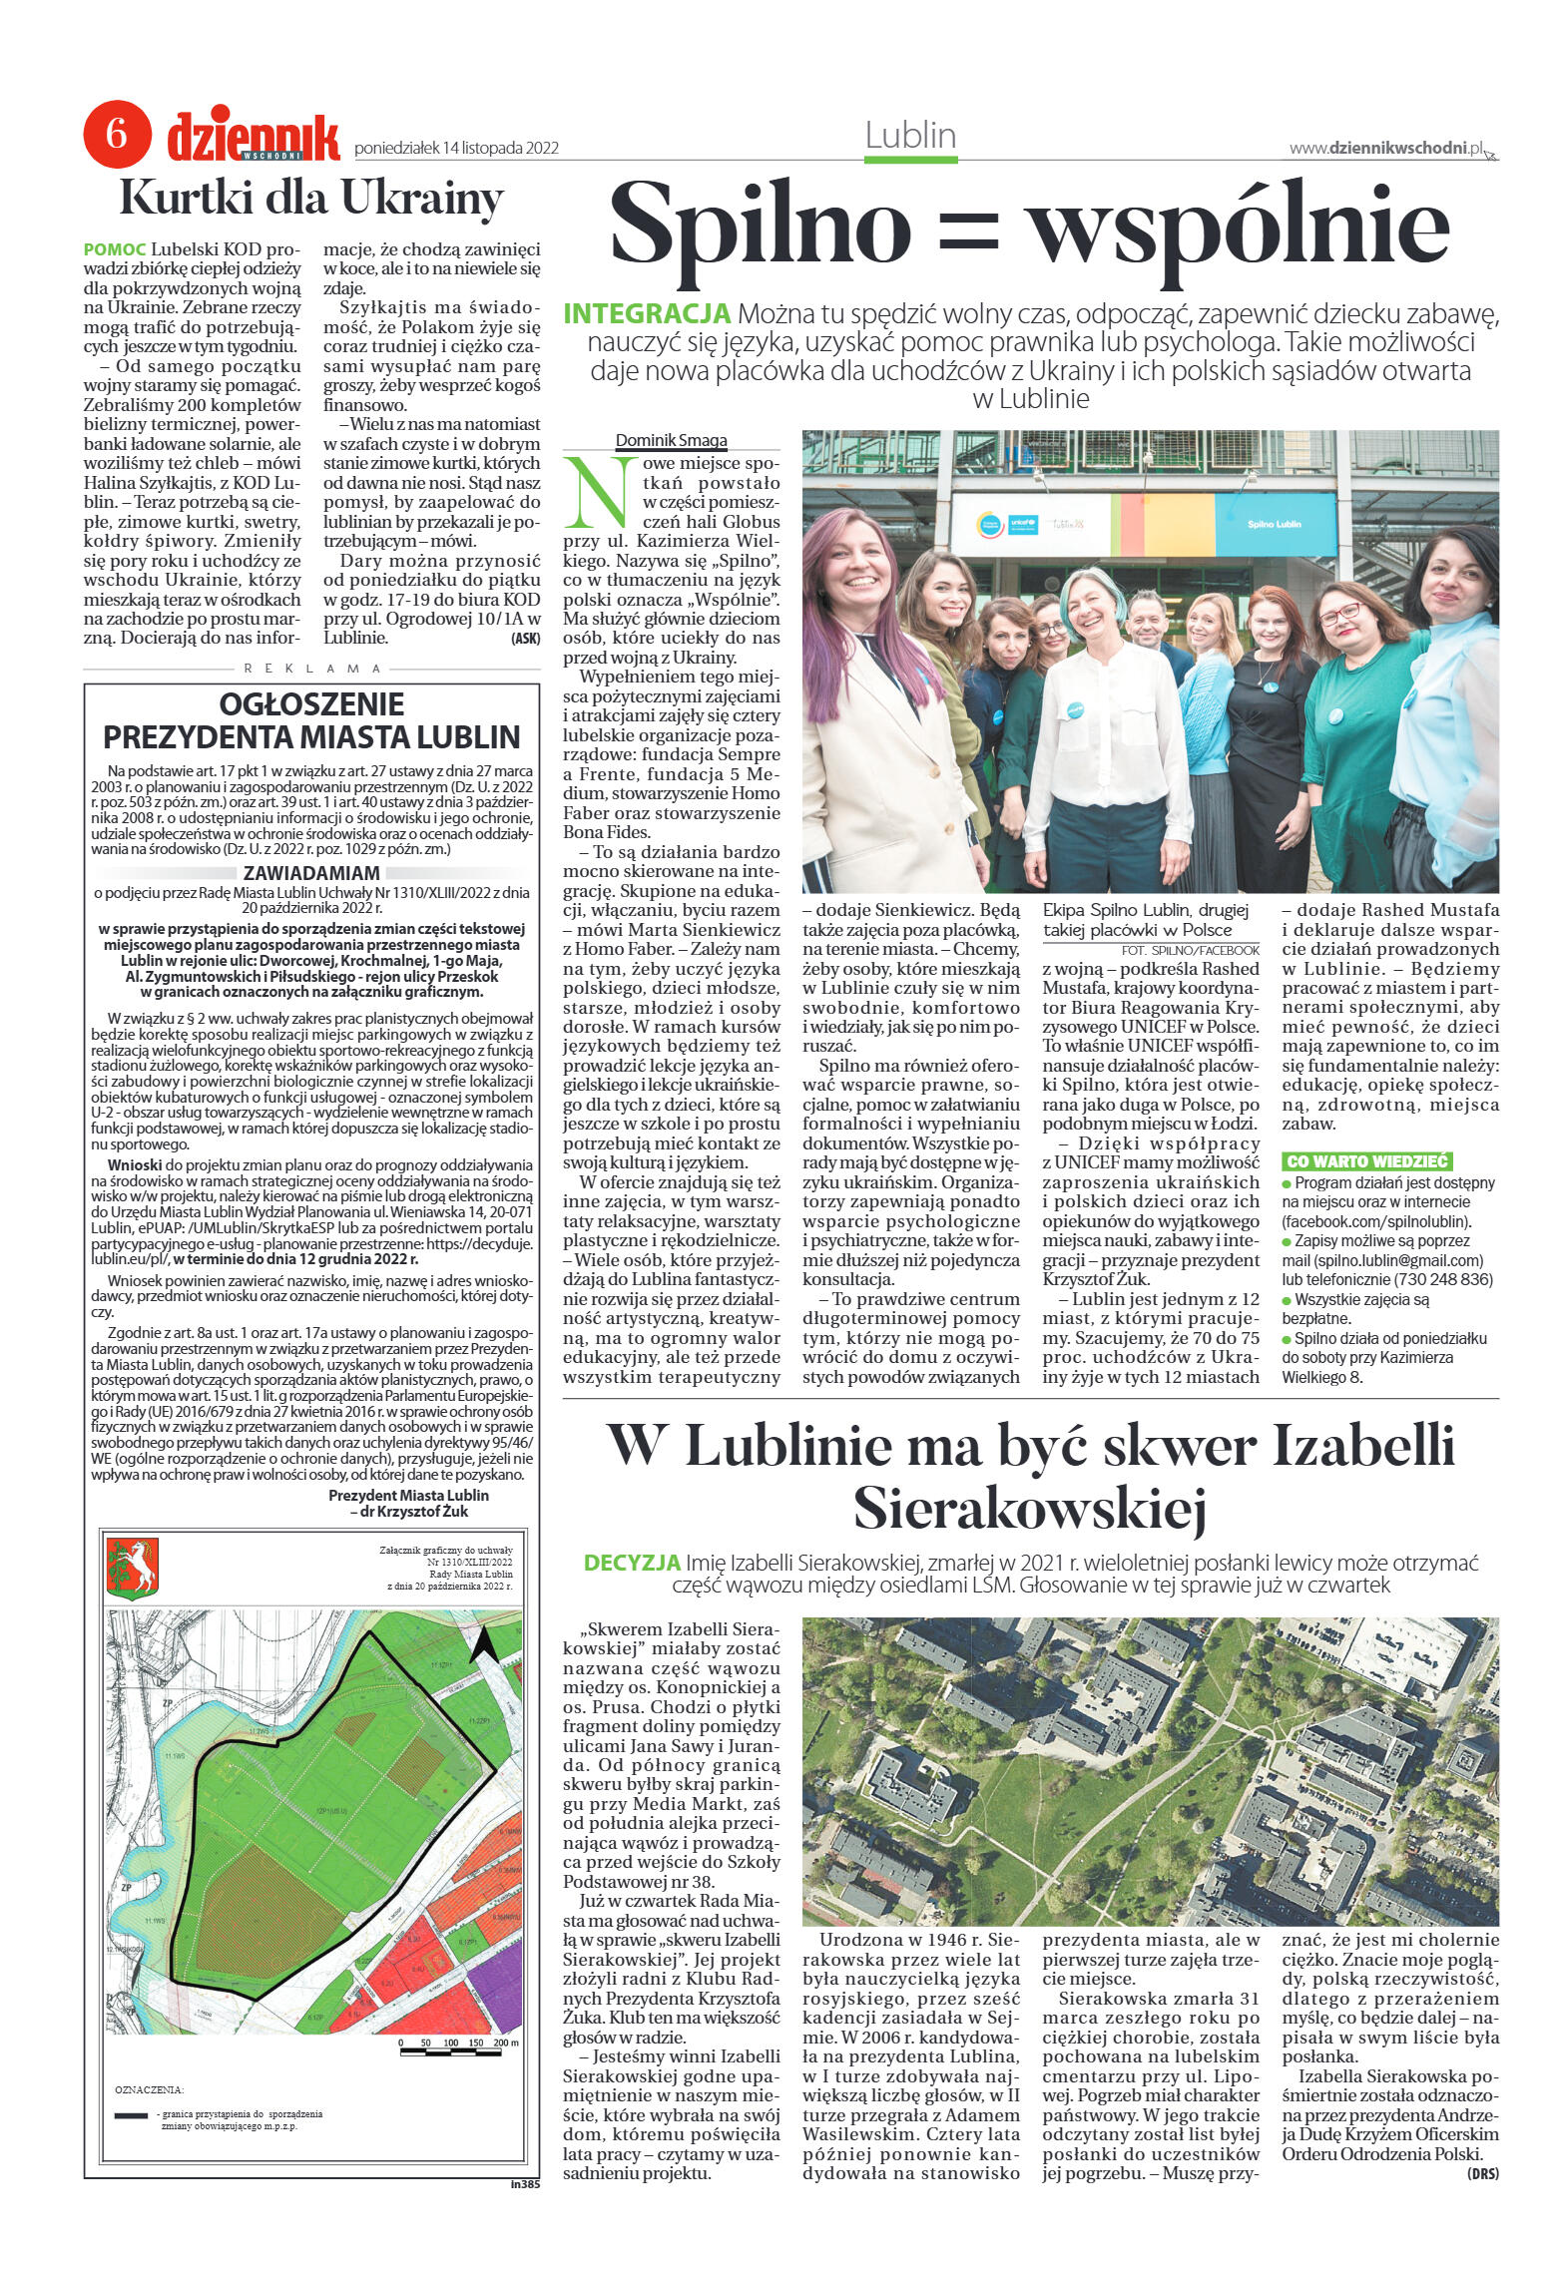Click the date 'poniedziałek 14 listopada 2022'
(456, 149)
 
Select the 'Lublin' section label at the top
(910, 136)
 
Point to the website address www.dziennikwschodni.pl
(1385, 148)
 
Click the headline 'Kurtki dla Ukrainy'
(310, 199)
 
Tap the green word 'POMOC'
(116, 248)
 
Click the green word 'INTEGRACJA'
(648, 313)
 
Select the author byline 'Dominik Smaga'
(671, 440)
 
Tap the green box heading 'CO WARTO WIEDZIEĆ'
(1366, 1160)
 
